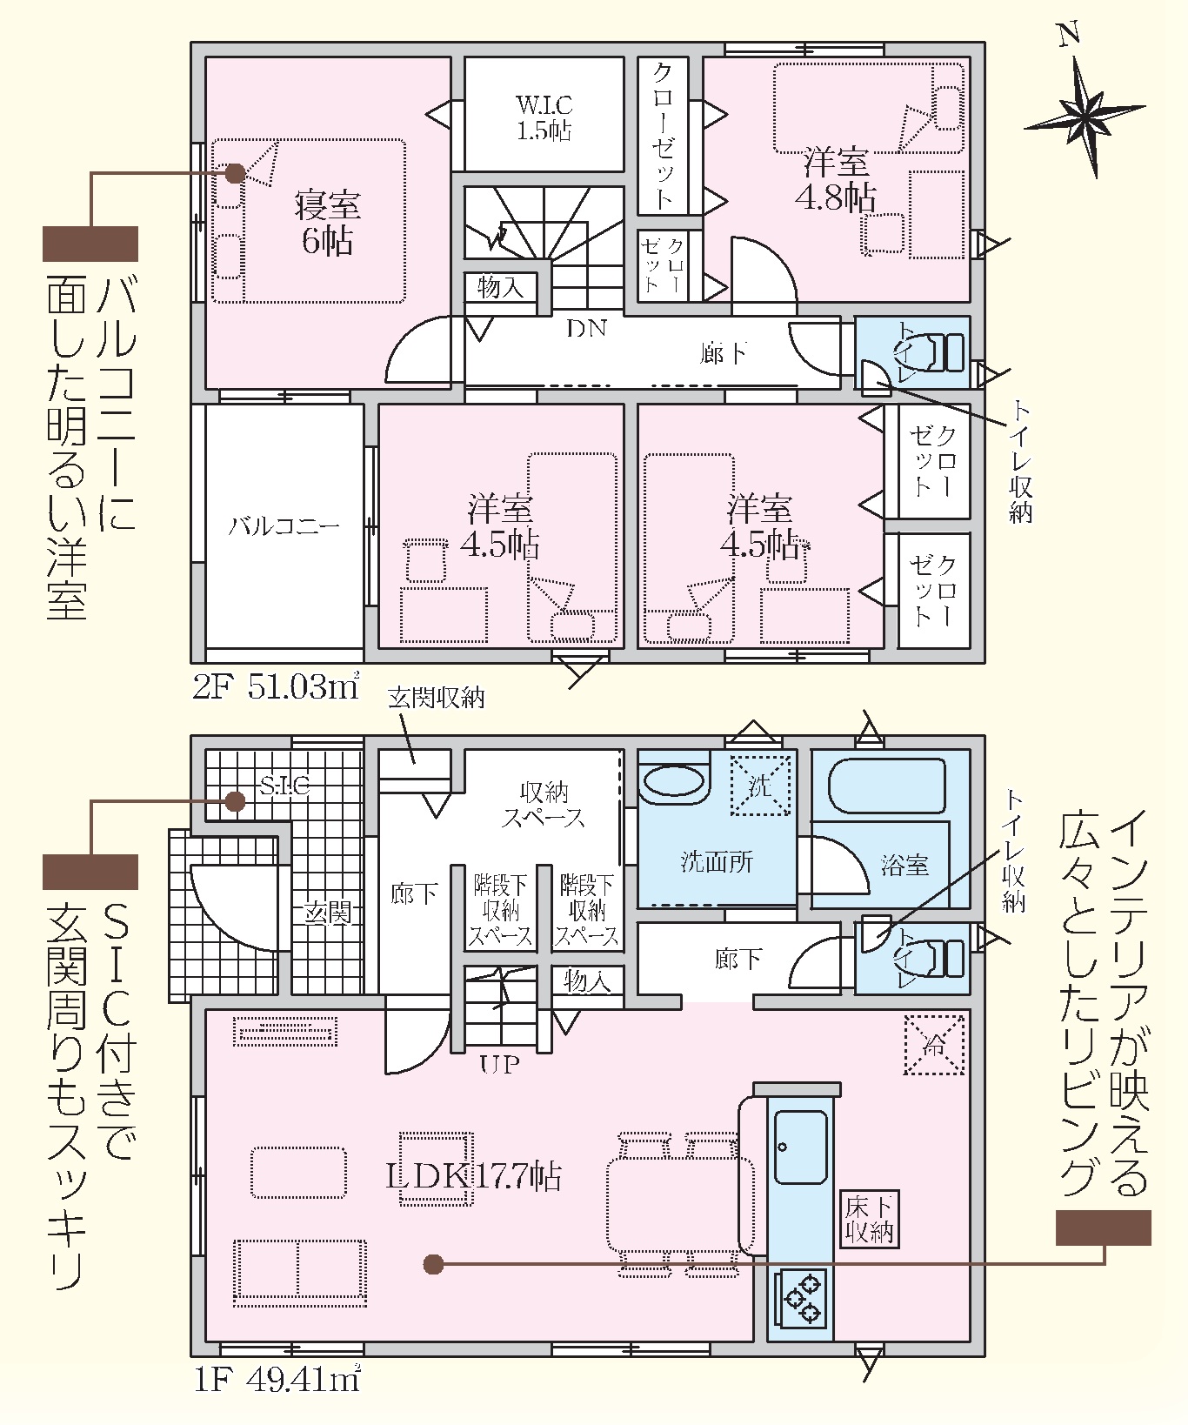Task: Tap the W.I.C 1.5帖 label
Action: (544, 117)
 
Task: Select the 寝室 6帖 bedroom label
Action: (327, 224)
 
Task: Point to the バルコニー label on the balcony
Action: (284, 526)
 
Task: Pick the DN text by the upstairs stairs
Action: (586, 328)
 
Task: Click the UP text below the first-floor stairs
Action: (499, 1063)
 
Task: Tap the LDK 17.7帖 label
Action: (473, 1176)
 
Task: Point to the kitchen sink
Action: (800, 1147)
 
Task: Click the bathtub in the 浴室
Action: (886, 786)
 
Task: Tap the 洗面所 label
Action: (717, 862)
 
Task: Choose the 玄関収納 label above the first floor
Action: (436, 697)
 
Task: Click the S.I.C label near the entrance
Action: (285, 786)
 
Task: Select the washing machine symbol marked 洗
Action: (760, 786)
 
